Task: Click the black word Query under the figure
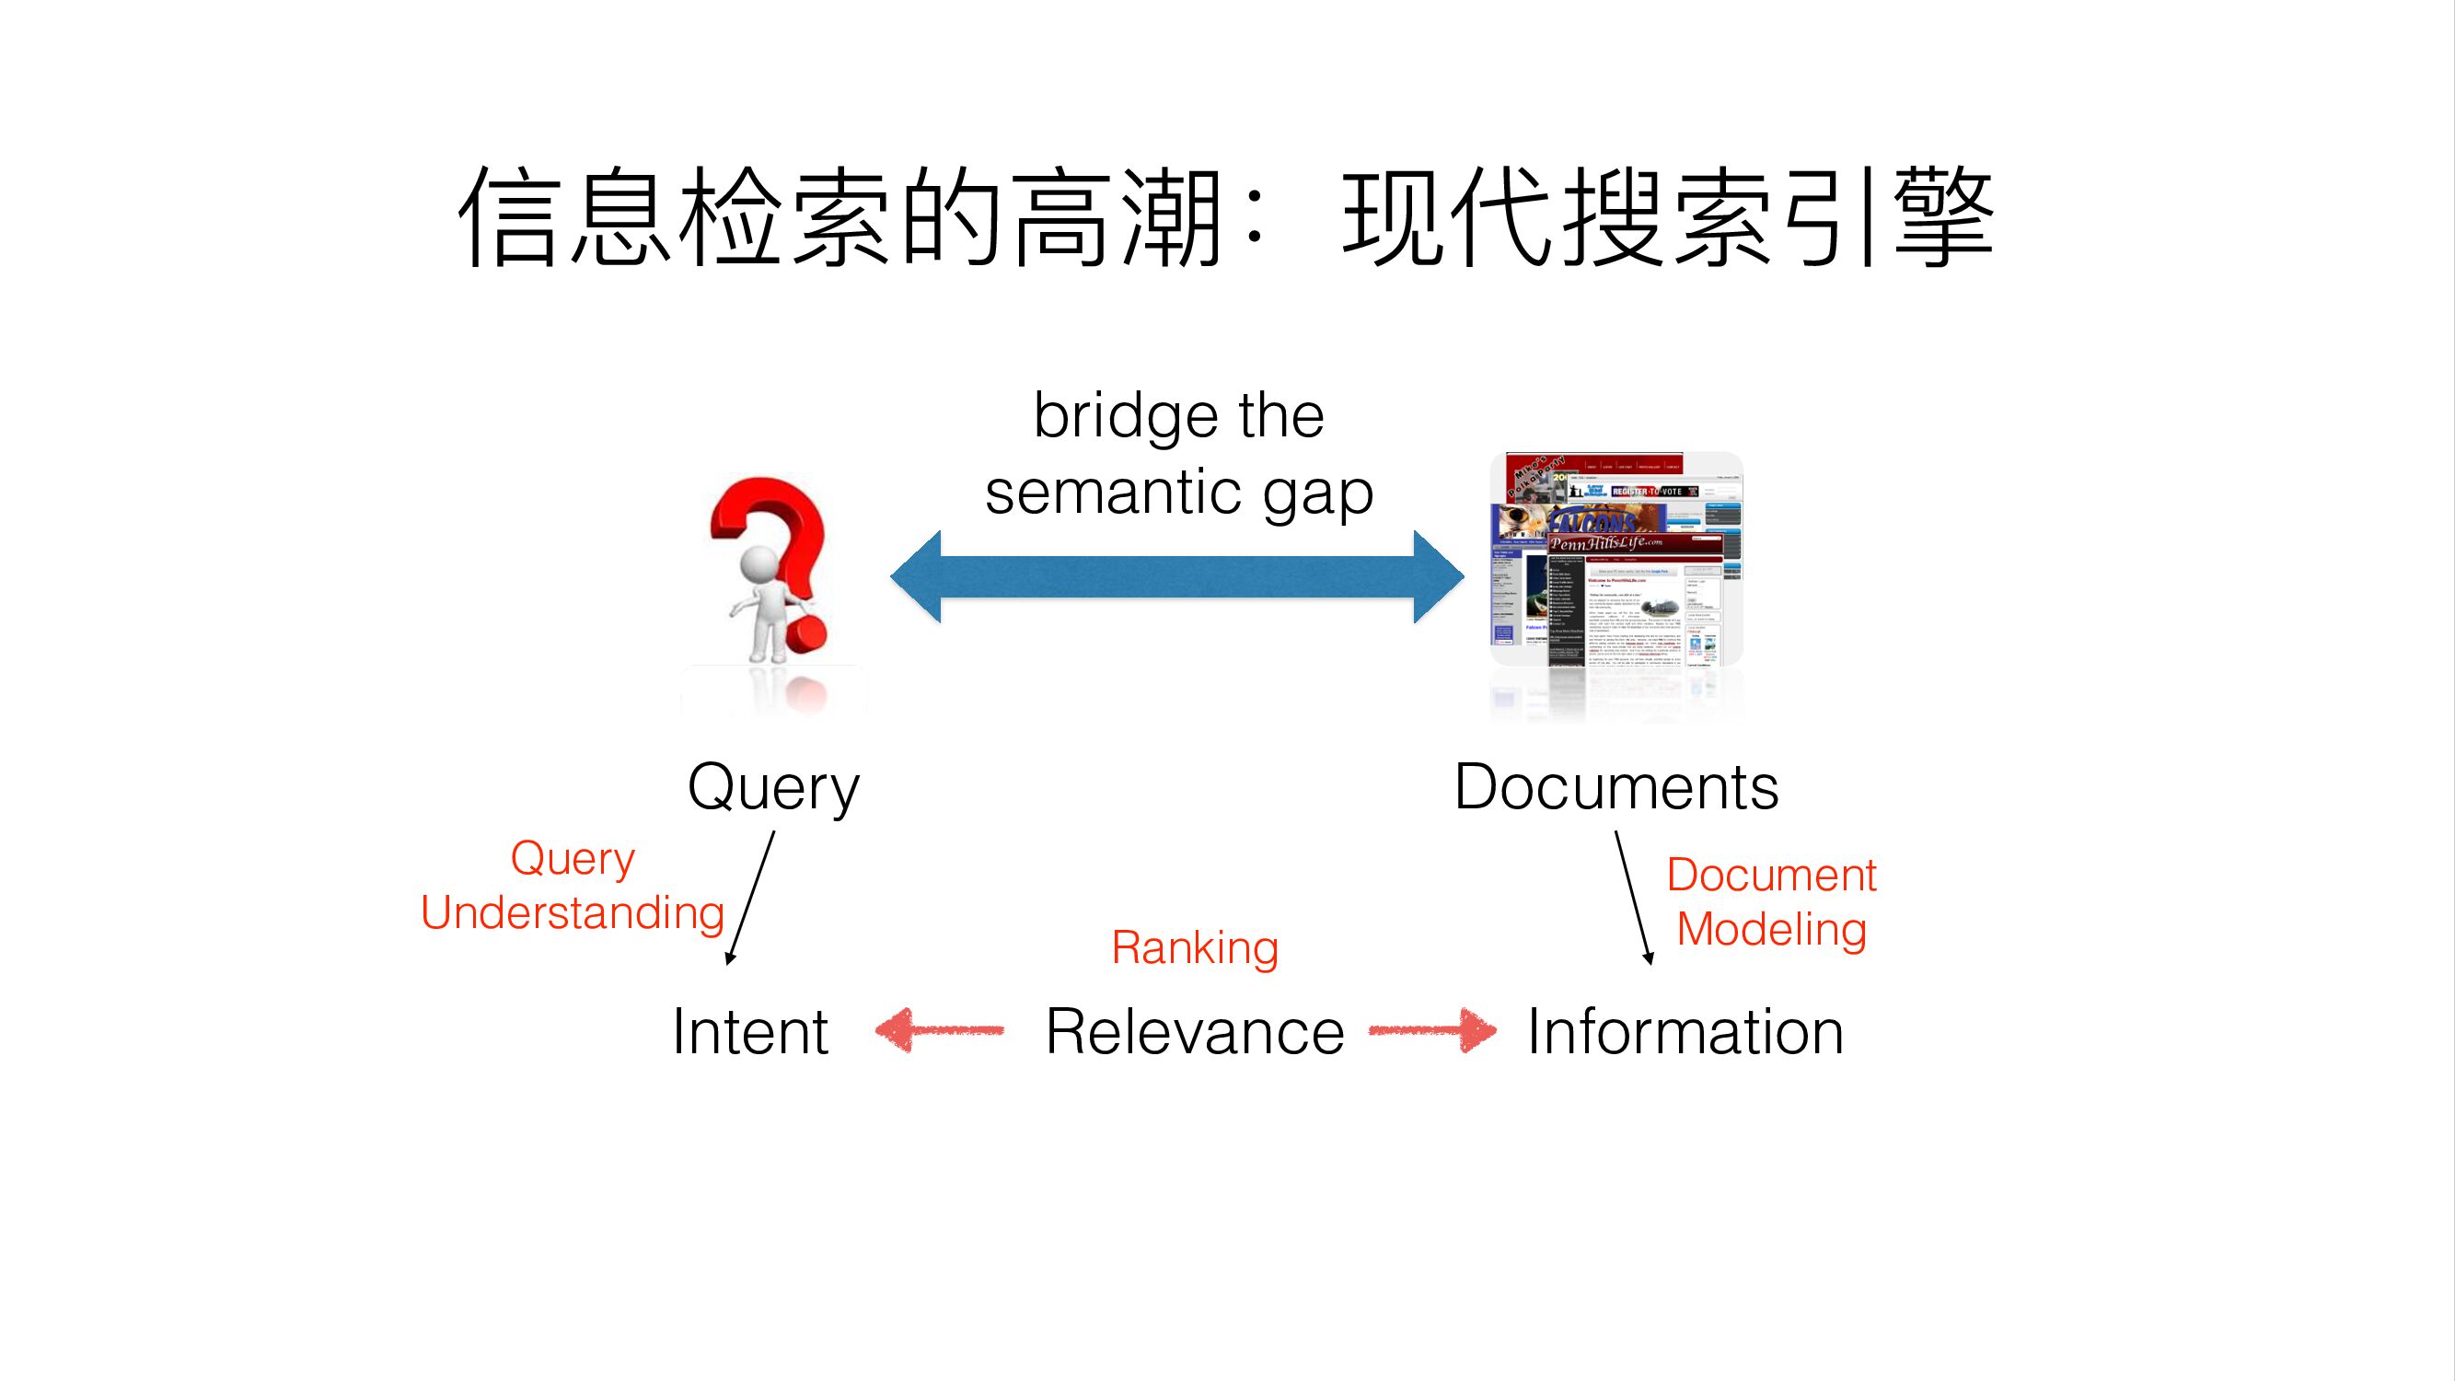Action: tap(773, 788)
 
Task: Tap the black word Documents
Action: tap(1616, 787)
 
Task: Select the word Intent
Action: tap(750, 1031)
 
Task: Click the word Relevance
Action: tap(1194, 1031)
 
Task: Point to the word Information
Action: tap(1685, 1031)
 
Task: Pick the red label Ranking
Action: tap(1194, 947)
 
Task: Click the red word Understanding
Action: tap(572, 913)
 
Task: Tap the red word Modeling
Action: tap(1771, 929)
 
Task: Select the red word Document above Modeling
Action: tap(1771, 875)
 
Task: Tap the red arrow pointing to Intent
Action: tap(938, 1030)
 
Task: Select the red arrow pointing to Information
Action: tap(1433, 1030)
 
